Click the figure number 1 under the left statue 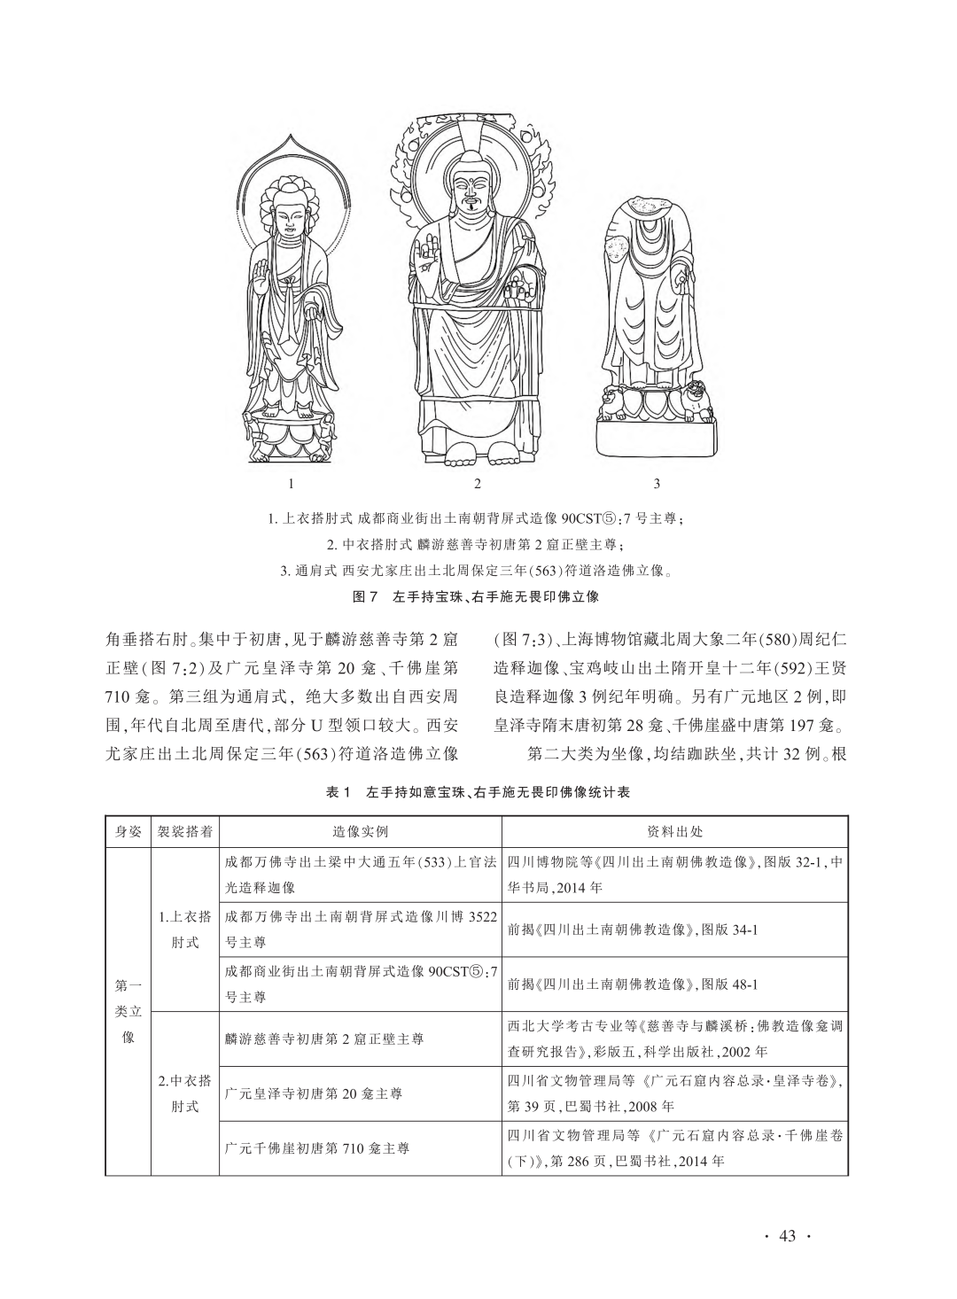(291, 484)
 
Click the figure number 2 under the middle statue (478, 484)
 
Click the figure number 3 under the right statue (657, 484)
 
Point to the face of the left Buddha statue (290, 213)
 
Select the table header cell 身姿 (128, 832)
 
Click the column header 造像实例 (360, 832)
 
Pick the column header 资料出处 (675, 832)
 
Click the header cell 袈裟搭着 (185, 832)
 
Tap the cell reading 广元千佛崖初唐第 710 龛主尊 (317, 1149)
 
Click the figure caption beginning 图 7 (477, 596)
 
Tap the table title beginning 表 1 (478, 792)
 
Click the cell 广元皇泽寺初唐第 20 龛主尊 (314, 1093)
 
